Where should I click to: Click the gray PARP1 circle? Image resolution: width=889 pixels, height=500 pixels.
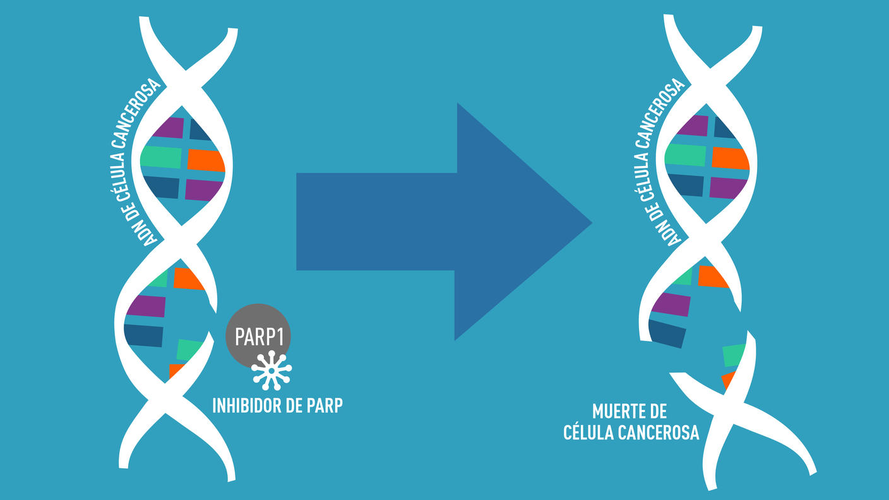click(258, 336)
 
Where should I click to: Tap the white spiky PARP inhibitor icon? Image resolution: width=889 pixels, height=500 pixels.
click(272, 370)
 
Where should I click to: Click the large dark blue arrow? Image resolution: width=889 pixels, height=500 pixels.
click(442, 221)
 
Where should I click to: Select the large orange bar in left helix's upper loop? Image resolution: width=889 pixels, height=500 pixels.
click(206, 160)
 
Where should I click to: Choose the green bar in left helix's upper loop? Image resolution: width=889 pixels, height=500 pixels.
click(160, 157)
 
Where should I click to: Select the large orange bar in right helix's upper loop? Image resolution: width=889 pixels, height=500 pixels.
click(730, 158)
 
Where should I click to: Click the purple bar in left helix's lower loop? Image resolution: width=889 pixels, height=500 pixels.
click(146, 306)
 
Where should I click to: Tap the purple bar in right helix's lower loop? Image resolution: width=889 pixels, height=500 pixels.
click(671, 304)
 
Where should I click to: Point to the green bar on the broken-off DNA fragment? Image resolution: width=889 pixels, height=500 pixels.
click(734, 355)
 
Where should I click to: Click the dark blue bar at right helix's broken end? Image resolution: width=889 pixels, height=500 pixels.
click(667, 333)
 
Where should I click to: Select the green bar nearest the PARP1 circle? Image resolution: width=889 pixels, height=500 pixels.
click(190, 349)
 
